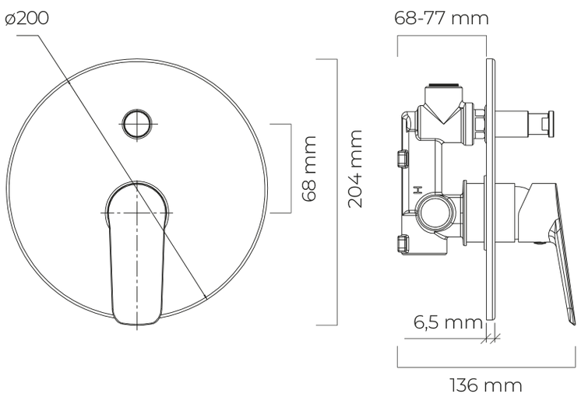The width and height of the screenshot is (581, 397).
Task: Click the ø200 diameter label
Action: coord(26,18)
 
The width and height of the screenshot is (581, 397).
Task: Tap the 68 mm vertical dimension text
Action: coord(309,168)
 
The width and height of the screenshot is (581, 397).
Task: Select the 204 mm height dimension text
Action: coord(355,168)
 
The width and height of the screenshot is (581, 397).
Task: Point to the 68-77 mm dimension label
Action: coord(442,18)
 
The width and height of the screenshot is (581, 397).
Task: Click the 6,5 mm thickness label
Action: coord(448,322)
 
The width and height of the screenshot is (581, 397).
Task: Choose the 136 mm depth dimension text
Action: coord(486,385)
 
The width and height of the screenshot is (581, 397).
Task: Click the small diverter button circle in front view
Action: coord(138,123)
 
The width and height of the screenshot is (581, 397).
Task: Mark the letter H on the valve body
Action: coord(417,190)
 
